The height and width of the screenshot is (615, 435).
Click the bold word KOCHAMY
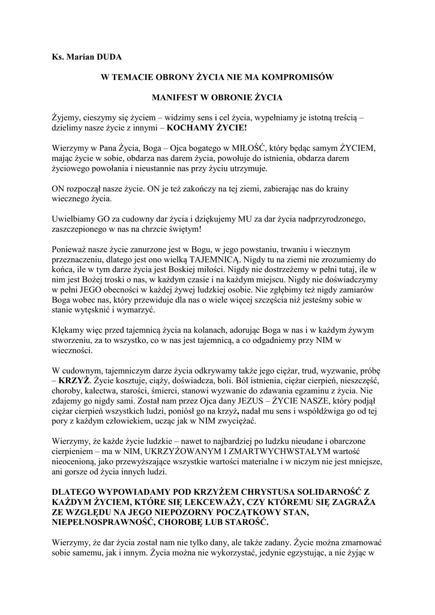coord(191,127)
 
